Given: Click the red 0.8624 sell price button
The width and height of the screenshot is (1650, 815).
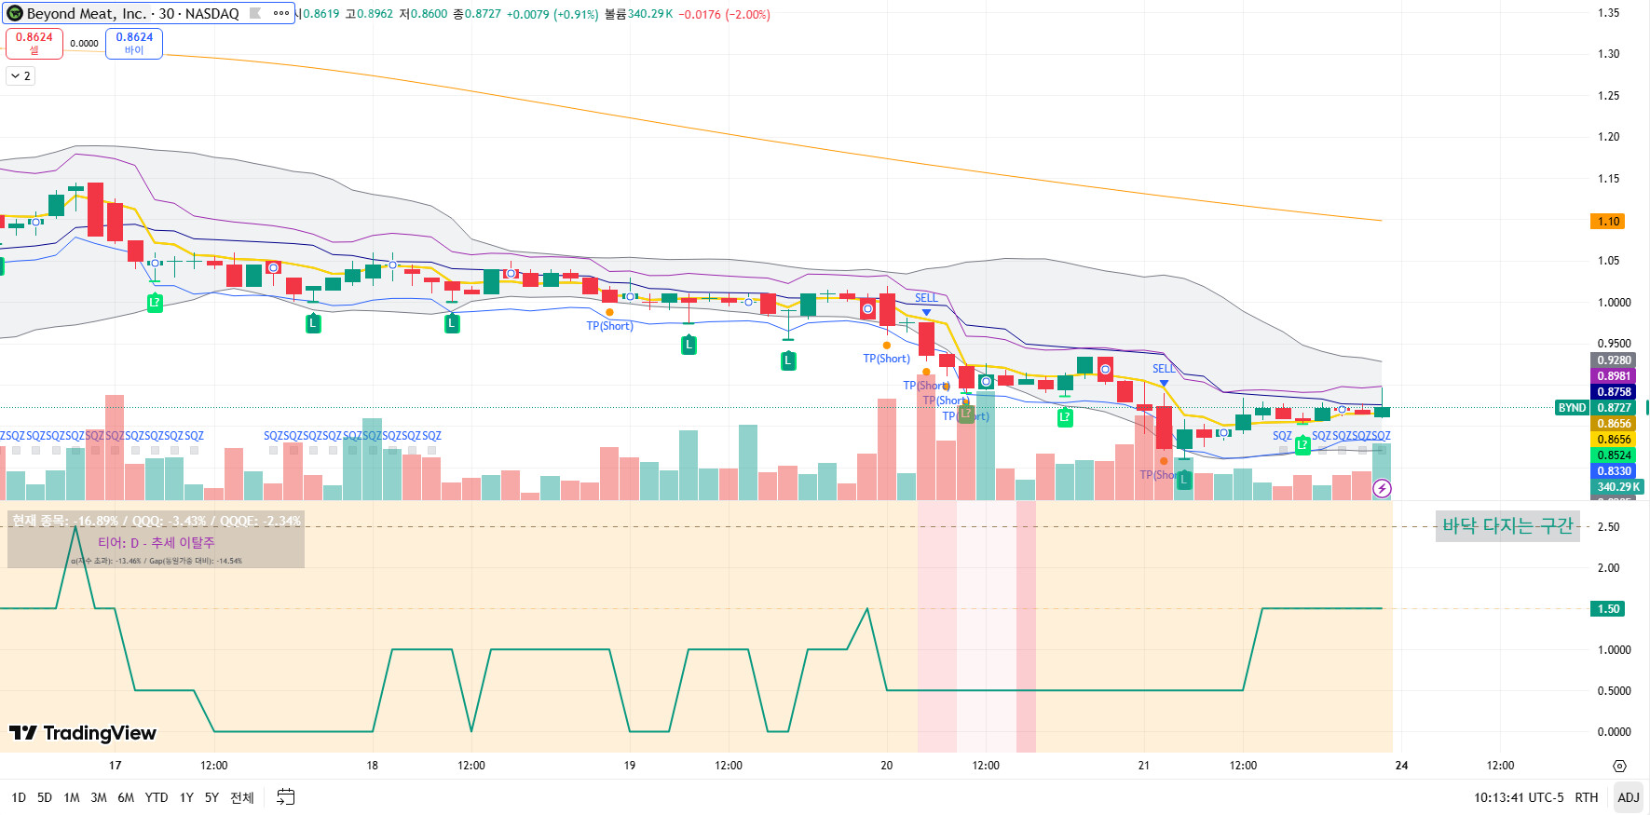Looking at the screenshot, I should (34, 43).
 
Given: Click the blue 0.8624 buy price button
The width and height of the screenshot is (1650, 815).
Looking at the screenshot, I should (134, 43).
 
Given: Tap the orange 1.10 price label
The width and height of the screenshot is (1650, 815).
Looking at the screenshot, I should (1608, 222).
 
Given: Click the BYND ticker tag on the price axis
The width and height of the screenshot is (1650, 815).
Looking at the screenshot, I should (1572, 408).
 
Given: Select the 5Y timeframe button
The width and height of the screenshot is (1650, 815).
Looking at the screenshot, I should (211, 797).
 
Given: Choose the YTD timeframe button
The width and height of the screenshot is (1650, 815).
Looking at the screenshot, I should (157, 797).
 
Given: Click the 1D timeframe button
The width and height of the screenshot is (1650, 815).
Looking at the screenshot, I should (19, 797).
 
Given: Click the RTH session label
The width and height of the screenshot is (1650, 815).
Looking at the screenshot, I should (1586, 797).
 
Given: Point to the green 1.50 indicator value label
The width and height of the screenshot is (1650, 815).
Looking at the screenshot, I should (1608, 609).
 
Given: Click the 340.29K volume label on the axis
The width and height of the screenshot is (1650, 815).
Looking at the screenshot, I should (1617, 487).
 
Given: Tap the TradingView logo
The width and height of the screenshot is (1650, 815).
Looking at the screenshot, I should (83, 733).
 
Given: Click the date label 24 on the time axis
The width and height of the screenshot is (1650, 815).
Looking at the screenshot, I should (1401, 766).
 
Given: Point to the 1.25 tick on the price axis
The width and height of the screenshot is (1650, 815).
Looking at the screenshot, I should (1608, 96).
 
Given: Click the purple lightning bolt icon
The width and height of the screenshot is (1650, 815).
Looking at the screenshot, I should (1382, 488).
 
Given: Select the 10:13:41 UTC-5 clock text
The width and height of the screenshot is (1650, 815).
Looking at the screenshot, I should (1519, 797).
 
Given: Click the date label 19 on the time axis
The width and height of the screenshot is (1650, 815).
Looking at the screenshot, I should (630, 766).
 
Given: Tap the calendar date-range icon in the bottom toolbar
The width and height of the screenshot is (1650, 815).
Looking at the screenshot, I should (286, 797).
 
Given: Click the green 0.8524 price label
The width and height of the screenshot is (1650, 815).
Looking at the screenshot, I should (1614, 455).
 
